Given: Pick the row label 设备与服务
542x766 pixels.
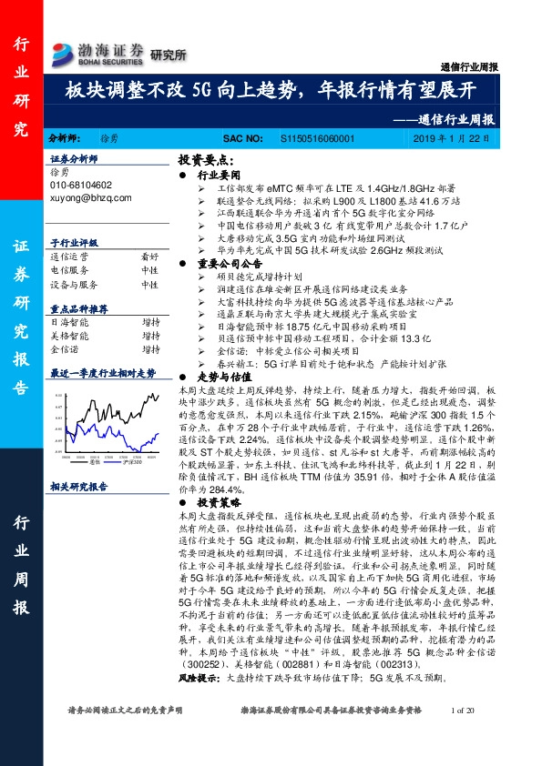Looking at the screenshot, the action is click(74, 284).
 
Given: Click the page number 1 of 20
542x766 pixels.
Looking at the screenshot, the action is click(464, 709).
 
